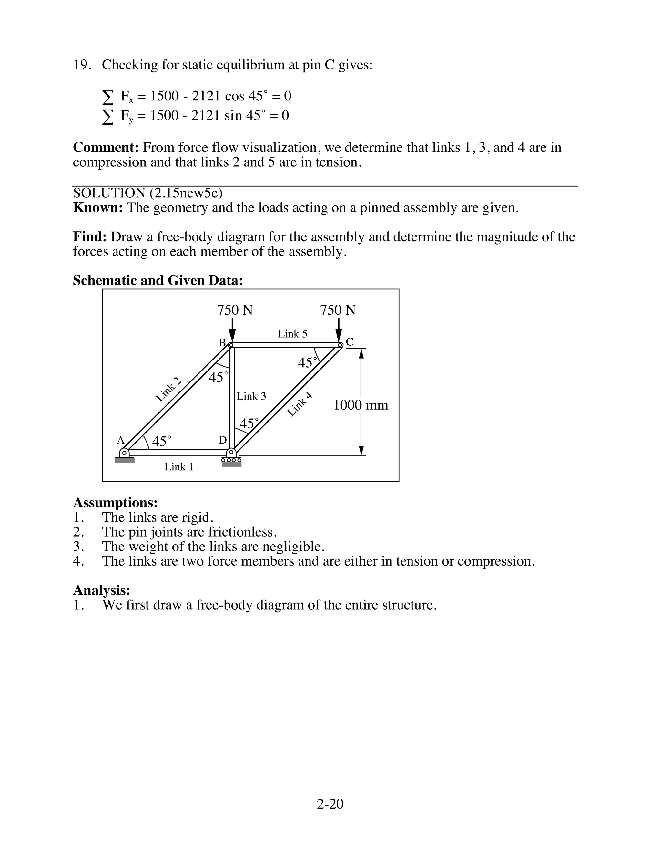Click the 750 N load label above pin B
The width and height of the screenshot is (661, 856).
(x=235, y=310)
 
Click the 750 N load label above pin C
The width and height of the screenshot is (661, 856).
(x=338, y=310)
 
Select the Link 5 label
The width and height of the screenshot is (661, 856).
(x=292, y=334)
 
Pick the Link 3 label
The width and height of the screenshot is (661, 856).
(x=251, y=396)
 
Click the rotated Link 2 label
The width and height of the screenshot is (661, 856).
(x=169, y=390)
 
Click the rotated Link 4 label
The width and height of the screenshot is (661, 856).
(x=300, y=404)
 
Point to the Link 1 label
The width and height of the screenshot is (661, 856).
(x=179, y=467)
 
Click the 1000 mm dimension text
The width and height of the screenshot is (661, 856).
(x=361, y=405)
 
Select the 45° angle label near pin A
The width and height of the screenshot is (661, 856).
(x=161, y=442)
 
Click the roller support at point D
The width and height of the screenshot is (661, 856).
(x=231, y=457)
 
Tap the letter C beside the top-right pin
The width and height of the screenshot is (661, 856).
(x=350, y=342)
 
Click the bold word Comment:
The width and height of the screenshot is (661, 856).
(x=106, y=148)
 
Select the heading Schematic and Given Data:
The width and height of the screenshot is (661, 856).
(x=158, y=281)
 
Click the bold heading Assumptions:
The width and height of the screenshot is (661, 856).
(x=115, y=503)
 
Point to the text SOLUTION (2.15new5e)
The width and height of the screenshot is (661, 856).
(x=147, y=193)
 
